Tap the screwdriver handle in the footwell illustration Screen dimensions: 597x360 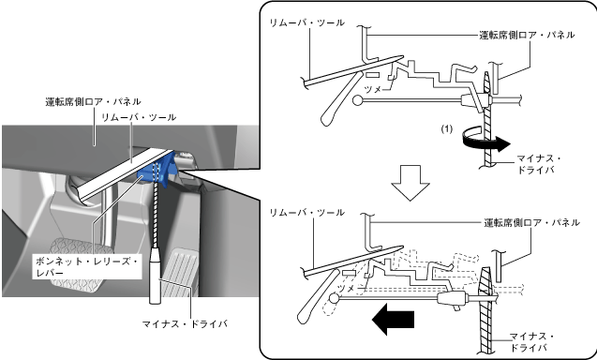point(155,276)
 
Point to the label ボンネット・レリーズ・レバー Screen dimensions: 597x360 point(87,267)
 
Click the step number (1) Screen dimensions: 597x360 point(447,129)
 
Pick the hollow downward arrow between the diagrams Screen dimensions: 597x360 point(410,183)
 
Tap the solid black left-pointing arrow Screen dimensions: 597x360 point(393,320)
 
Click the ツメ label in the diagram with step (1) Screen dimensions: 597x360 point(373,90)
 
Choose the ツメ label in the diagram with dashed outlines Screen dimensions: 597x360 point(347,289)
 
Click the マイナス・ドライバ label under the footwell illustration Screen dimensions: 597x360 point(185,323)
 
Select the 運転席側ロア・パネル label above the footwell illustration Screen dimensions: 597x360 point(94,101)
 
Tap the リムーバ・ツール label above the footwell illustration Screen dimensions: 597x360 point(139,117)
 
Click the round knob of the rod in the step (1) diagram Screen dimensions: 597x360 point(357,100)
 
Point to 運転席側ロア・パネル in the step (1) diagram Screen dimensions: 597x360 point(527,35)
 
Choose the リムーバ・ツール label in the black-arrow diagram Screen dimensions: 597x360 point(306,213)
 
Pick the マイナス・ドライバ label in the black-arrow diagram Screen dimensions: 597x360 point(532,342)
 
